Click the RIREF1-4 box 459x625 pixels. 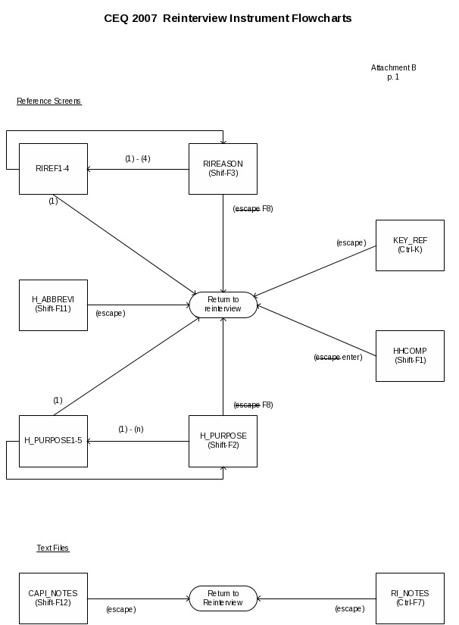[x=53, y=168]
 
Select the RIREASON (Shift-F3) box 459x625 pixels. [x=223, y=168]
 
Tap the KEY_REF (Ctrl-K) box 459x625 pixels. [x=410, y=245]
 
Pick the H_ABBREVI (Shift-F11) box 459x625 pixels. [x=53, y=305]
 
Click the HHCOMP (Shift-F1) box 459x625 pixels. [x=410, y=355]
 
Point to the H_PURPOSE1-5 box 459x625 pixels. [x=53, y=440]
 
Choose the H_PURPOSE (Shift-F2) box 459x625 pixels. [x=223, y=440]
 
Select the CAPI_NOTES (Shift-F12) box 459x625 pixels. [x=53, y=598]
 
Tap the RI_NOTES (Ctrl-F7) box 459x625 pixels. [x=410, y=598]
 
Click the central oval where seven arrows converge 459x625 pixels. [x=223, y=305]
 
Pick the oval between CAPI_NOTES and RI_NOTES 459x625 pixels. [x=223, y=598]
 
